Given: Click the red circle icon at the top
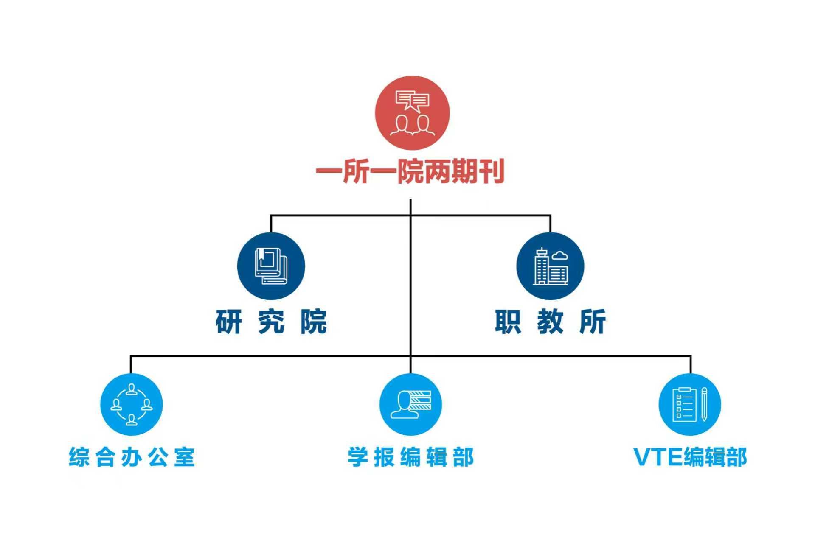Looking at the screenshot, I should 412,113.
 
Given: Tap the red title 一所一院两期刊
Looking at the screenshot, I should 410,171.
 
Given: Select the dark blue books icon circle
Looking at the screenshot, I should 271,266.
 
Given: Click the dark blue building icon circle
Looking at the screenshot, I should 550,266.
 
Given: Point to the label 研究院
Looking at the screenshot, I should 271,322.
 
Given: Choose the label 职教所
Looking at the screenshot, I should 550,322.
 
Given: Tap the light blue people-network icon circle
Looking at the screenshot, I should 132,404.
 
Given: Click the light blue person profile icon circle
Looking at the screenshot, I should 410,404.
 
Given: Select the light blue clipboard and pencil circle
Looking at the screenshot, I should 690,404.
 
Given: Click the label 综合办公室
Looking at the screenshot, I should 132,457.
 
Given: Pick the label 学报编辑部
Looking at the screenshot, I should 410,457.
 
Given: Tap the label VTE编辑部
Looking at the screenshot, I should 690,457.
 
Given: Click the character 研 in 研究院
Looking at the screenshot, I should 229,322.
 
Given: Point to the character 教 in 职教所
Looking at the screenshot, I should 550,322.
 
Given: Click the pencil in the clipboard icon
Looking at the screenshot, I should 704,404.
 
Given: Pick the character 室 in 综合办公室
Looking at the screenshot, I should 184,457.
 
